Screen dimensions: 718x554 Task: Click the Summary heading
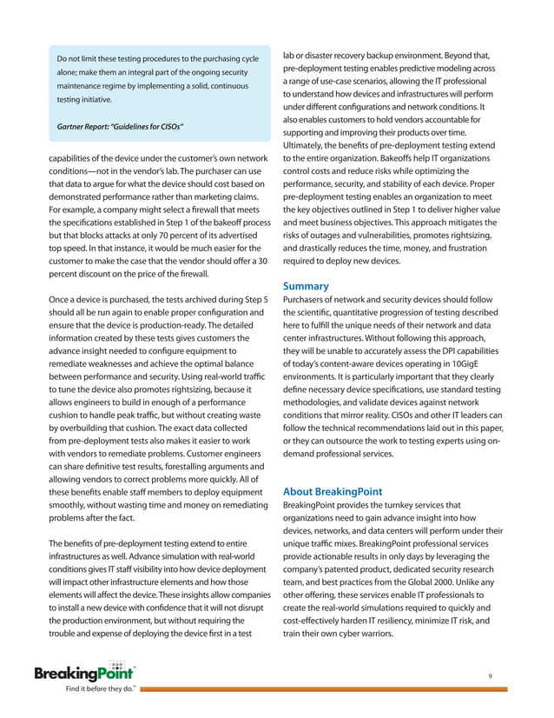(x=307, y=286)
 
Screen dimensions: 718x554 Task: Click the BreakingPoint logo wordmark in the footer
(x=83, y=673)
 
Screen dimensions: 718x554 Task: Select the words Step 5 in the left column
(x=254, y=300)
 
